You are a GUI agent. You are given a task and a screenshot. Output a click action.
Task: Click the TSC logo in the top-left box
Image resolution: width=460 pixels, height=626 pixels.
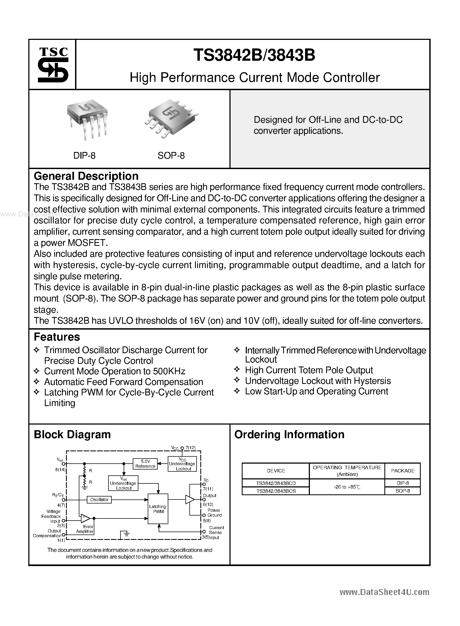tap(53, 65)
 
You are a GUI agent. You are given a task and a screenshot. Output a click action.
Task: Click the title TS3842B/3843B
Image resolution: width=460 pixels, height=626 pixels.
tap(254, 55)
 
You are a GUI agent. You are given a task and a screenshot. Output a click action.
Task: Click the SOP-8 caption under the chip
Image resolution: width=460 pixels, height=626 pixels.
tap(171, 155)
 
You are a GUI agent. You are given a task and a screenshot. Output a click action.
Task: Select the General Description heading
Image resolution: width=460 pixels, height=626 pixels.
tap(86, 176)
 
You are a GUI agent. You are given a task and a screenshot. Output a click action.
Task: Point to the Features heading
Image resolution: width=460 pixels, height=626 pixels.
tap(57, 337)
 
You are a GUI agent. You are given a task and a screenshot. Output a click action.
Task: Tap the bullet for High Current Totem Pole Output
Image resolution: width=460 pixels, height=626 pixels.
tap(237, 370)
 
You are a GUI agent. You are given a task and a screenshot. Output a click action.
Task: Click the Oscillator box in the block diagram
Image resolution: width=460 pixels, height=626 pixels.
tap(99, 500)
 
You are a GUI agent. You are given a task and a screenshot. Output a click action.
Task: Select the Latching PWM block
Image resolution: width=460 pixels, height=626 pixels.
tap(158, 509)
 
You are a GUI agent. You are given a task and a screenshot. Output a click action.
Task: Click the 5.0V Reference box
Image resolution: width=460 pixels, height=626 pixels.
tap(145, 464)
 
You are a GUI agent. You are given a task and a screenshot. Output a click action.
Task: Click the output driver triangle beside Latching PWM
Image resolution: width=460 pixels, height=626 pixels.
tap(190, 499)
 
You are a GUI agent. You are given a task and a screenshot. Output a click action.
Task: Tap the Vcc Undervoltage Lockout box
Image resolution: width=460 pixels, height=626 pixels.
tap(182, 464)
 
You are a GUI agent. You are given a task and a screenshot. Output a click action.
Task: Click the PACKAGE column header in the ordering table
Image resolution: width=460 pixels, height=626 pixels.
tap(402, 471)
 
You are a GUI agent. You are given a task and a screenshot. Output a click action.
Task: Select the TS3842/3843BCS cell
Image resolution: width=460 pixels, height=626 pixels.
tap(276, 491)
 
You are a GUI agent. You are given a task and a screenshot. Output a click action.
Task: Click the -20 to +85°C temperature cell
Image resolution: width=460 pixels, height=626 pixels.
tap(347, 487)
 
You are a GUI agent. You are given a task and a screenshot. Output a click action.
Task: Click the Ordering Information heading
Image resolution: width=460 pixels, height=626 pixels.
tap(289, 435)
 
